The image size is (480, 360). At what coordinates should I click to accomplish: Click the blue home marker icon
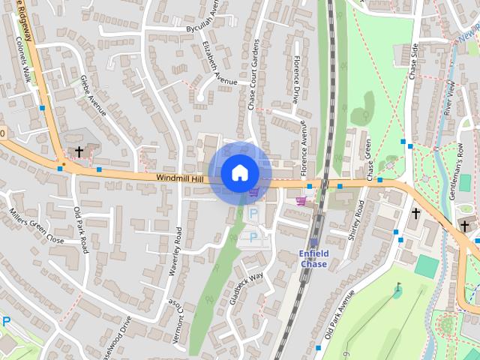point(239,172)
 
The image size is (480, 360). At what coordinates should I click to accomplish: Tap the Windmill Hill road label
point(180,178)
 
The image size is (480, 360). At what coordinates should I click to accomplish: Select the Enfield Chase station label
point(313,259)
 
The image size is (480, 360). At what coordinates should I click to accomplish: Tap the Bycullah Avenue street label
point(201,22)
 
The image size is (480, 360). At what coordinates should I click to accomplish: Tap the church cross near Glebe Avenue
point(79,151)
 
